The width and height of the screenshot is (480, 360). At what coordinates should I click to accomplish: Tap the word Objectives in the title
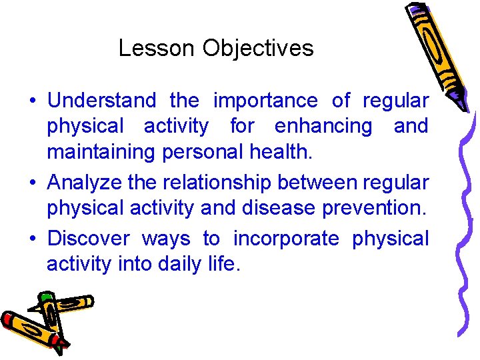pyautogui.click(x=258, y=48)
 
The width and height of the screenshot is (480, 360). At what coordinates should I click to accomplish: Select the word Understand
pyautogui.click(x=102, y=101)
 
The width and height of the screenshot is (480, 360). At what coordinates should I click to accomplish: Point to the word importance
pyautogui.click(x=265, y=101)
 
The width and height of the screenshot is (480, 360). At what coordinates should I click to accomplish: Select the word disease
pyautogui.click(x=286, y=208)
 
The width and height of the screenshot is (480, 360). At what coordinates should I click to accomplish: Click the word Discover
pyautogui.click(x=89, y=239)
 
